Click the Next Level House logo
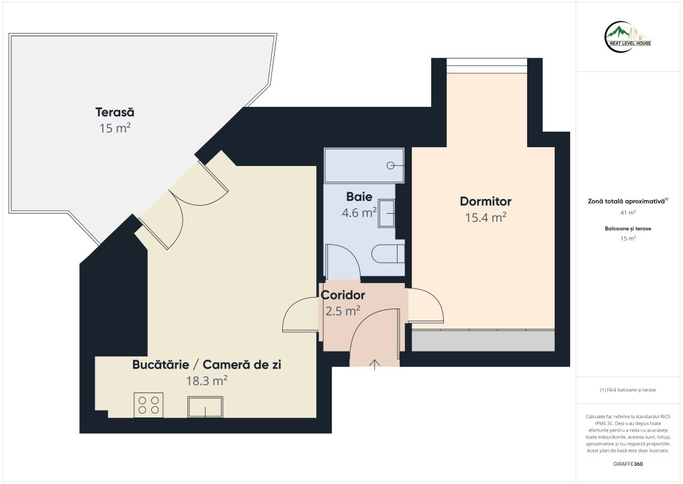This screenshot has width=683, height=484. point(628,36)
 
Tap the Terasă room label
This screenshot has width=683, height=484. point(115,112)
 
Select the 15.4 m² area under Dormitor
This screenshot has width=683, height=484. point(486,217)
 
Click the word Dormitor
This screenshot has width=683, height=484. point(486,201)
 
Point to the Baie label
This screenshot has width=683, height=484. point(359,197)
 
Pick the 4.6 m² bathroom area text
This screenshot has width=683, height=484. point(359,213)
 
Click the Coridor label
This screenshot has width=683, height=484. point(343,295)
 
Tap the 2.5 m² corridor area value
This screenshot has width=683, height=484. point(343,311)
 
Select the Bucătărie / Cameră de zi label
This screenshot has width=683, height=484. point(207,364)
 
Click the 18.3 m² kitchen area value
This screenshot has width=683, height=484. point(207,380)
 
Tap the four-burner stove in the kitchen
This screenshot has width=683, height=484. point(148,405)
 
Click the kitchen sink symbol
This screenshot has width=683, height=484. point(205,407)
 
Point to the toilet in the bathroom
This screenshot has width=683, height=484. point(388,254)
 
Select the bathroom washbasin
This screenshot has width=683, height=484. point(386,213)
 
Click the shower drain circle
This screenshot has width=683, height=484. point(391,165)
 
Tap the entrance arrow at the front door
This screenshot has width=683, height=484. point(375,364)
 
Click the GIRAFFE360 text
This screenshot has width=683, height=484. point(628,464)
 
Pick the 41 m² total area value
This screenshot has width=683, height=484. point(628,213)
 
